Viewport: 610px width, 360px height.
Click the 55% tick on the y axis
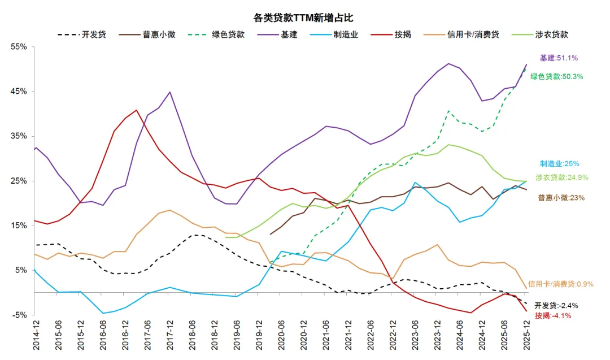(19, 47)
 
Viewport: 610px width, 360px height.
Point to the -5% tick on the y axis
(19, 315)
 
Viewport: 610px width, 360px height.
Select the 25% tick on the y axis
(19, 181)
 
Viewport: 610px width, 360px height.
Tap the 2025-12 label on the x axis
(527, 337)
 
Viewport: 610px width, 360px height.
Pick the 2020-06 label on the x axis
(281, 337)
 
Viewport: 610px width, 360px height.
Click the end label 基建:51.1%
(559, 58)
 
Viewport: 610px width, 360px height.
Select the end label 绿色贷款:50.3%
(556, 76)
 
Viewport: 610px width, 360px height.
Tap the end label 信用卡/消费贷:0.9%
(560, 284)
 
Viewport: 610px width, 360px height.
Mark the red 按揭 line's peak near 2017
(136, 110)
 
